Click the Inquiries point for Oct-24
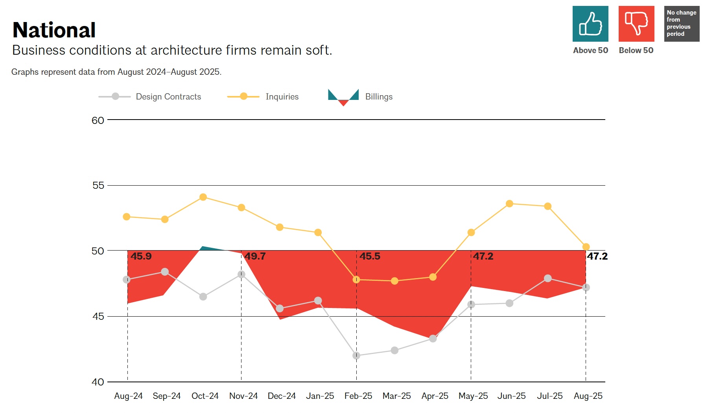coord(203,197)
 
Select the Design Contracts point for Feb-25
coord(356,356)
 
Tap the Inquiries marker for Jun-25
coord(509,204)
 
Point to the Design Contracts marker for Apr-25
coord(433,339)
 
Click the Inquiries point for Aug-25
coord(586,247)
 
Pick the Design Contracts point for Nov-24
coord(241,275)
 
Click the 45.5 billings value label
coord(370,256)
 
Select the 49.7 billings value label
coord(255,256)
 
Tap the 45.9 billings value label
coord(141,256)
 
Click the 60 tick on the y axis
coord(98,120)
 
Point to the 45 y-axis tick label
coord(98,317)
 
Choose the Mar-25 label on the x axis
coord(396,396)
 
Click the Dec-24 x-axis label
coord(282,396)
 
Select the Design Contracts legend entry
coord(168,97)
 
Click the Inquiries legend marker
coord(243,96)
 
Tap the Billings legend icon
coord(343,97)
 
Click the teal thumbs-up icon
coord(590,24)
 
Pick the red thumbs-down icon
coord(636,24)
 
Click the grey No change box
coord(682,24)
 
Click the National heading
coord(54,30)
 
